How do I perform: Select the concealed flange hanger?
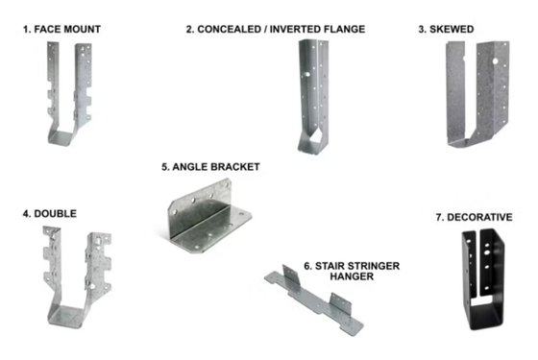point(313,96)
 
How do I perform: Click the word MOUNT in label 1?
point(82,29)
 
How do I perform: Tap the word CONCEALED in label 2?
point(230,29)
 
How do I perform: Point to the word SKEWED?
point(452,29)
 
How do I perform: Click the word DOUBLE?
point(56,213)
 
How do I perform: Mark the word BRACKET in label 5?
point(235,167)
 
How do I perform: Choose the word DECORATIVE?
point(479,217)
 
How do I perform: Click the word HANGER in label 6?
point(352,276)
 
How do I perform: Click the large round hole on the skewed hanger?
point(495,61)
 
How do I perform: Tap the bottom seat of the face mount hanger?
point(63,138)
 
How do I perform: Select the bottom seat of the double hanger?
point(68,316)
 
